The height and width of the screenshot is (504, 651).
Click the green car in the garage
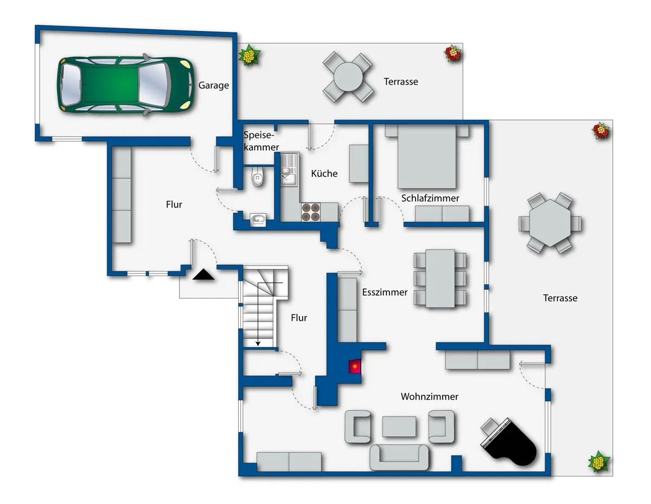tap(125, 85)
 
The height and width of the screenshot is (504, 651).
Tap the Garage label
tap(214, 86)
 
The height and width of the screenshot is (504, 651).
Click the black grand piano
tap(509, 442)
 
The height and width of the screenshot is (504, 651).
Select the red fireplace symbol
tap(355, 366)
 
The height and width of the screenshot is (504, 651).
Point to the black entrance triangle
tap(203, 275)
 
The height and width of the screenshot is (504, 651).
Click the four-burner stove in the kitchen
tap(311, 212)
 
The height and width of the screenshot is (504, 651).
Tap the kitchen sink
tap(289, 170)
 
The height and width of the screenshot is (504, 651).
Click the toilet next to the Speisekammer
tap(258, 177)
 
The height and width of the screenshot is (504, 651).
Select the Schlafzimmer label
tap(430, 198)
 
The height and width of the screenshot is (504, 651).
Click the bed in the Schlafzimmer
tap(427, 157)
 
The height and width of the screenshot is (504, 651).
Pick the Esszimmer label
tap(385, 292)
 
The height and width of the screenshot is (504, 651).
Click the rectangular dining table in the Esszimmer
tap(440, 278)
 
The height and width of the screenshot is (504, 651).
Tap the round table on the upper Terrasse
tap(348, 77)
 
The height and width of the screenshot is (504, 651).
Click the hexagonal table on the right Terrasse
tap(550, 223)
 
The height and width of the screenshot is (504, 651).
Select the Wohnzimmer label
tap(429, 397)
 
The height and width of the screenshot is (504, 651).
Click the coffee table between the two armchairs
tap(399, 426)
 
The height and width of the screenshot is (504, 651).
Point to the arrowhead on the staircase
tap(258, 344)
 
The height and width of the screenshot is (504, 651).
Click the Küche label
tap(324, 174)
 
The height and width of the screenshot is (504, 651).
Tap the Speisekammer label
tap(261, 141)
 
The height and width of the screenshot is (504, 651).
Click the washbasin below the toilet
tap(258, 220)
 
